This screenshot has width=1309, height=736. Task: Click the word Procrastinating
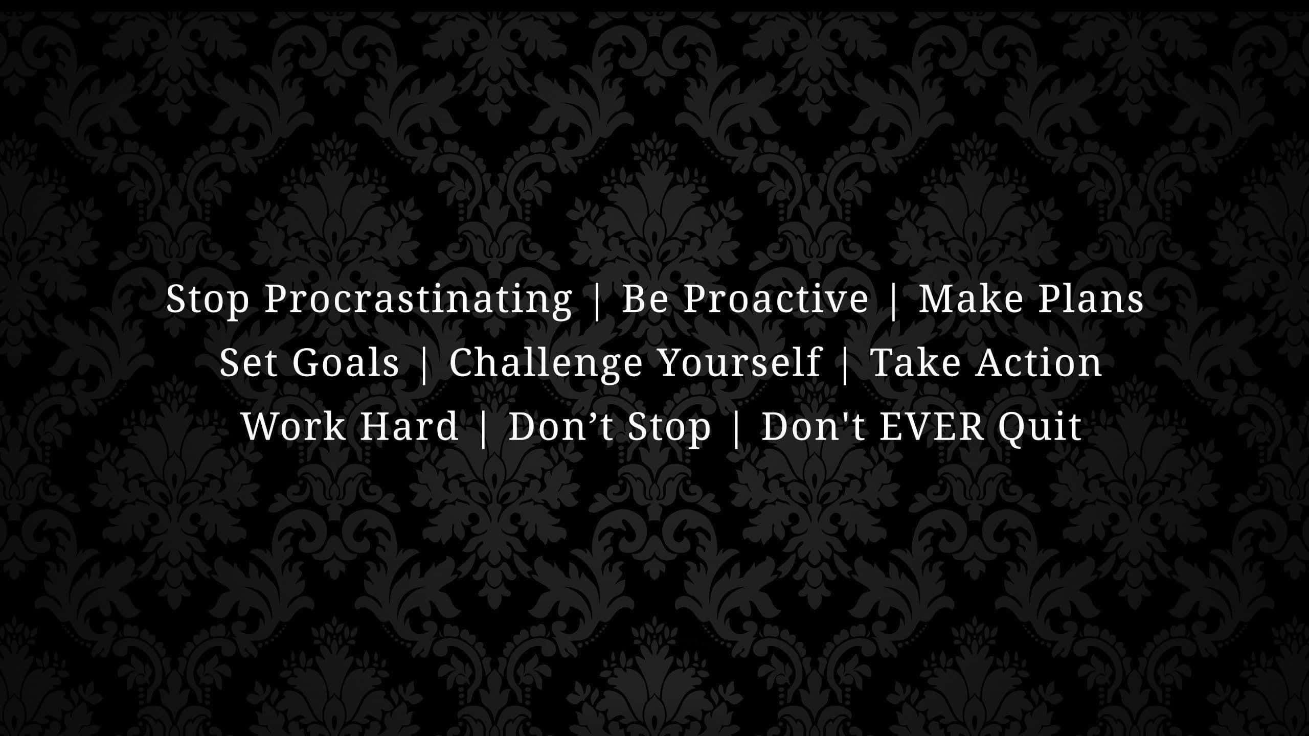[x=418, y=300]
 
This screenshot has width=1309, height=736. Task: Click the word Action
[x=1039, y=362]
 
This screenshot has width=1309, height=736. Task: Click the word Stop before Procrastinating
[x=207, y=300]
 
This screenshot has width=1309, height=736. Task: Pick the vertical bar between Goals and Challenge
[x=424, y=364]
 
